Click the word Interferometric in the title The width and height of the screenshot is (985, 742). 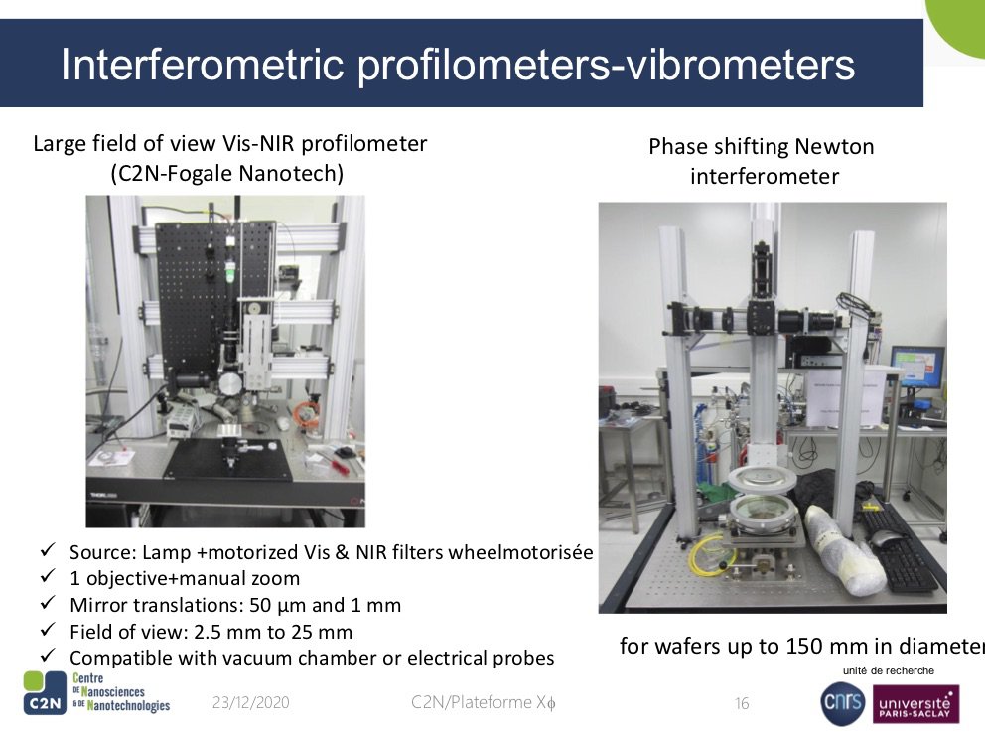tap(202, 65)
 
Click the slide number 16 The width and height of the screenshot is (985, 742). tap(742, 703)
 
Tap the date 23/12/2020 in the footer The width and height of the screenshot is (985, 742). tap(250, 702)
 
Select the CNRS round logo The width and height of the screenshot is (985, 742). tap(842, 703)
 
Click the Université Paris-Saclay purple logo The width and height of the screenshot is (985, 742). tap(915, 704)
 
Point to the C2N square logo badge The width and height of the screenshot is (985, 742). tap(44, 692)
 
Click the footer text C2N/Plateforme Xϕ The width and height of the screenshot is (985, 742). tap(484, 702)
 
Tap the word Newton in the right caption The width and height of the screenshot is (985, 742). tap(834, 146)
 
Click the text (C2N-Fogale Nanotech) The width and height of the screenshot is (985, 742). tap(226, 173)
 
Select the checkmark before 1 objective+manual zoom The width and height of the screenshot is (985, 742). tap(48, 576)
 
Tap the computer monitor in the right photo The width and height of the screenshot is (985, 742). tap(916, 367)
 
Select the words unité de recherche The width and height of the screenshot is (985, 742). tap(888, 671)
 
